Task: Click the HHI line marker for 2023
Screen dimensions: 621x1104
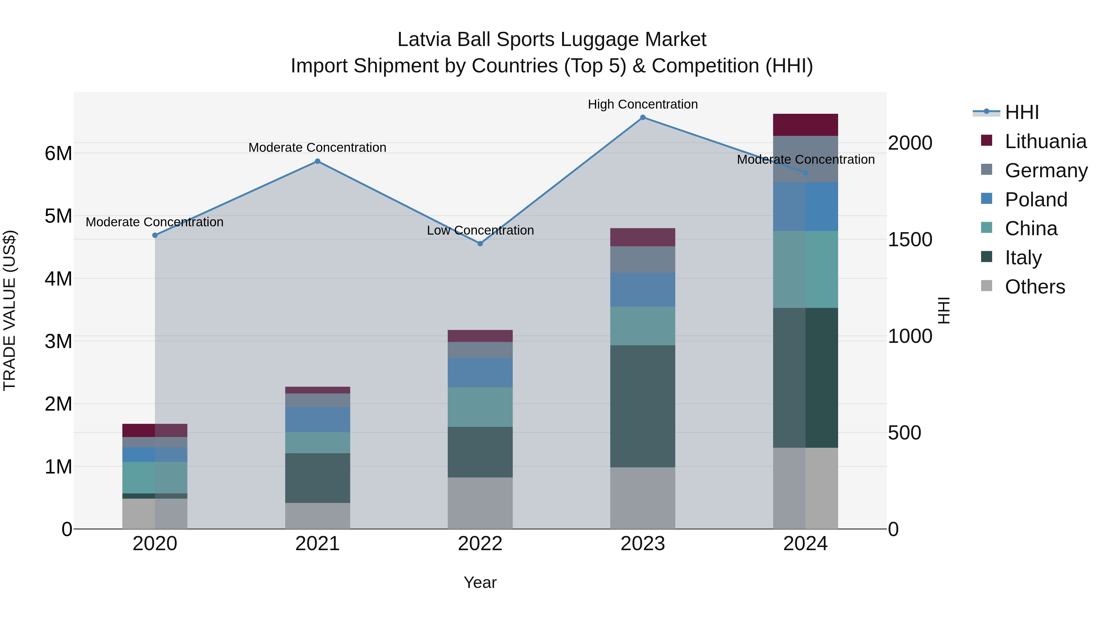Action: [x=642, y=117]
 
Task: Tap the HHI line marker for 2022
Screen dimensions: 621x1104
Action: [x=480, y=243]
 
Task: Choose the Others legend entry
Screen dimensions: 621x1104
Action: [x=1035, y=287]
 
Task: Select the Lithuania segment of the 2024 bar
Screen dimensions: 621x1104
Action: [x=805, y=125]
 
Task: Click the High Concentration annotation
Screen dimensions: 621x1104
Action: [x=642, y=104]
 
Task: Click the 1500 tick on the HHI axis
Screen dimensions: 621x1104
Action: [x=910, y=240]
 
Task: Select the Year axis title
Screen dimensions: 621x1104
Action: [x=480, y=582]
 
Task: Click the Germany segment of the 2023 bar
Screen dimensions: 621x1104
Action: [x=642, y=259]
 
